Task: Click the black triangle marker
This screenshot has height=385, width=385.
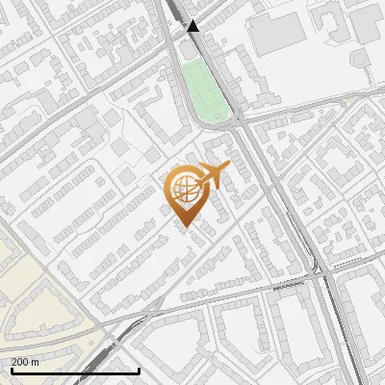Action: pos(193,26)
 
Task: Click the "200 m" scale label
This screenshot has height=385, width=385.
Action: pos(25,362)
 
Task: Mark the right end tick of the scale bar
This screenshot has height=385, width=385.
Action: pos(140,369)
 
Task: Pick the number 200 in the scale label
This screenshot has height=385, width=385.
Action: pos(19,362)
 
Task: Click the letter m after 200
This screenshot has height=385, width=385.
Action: pos(35,362)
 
